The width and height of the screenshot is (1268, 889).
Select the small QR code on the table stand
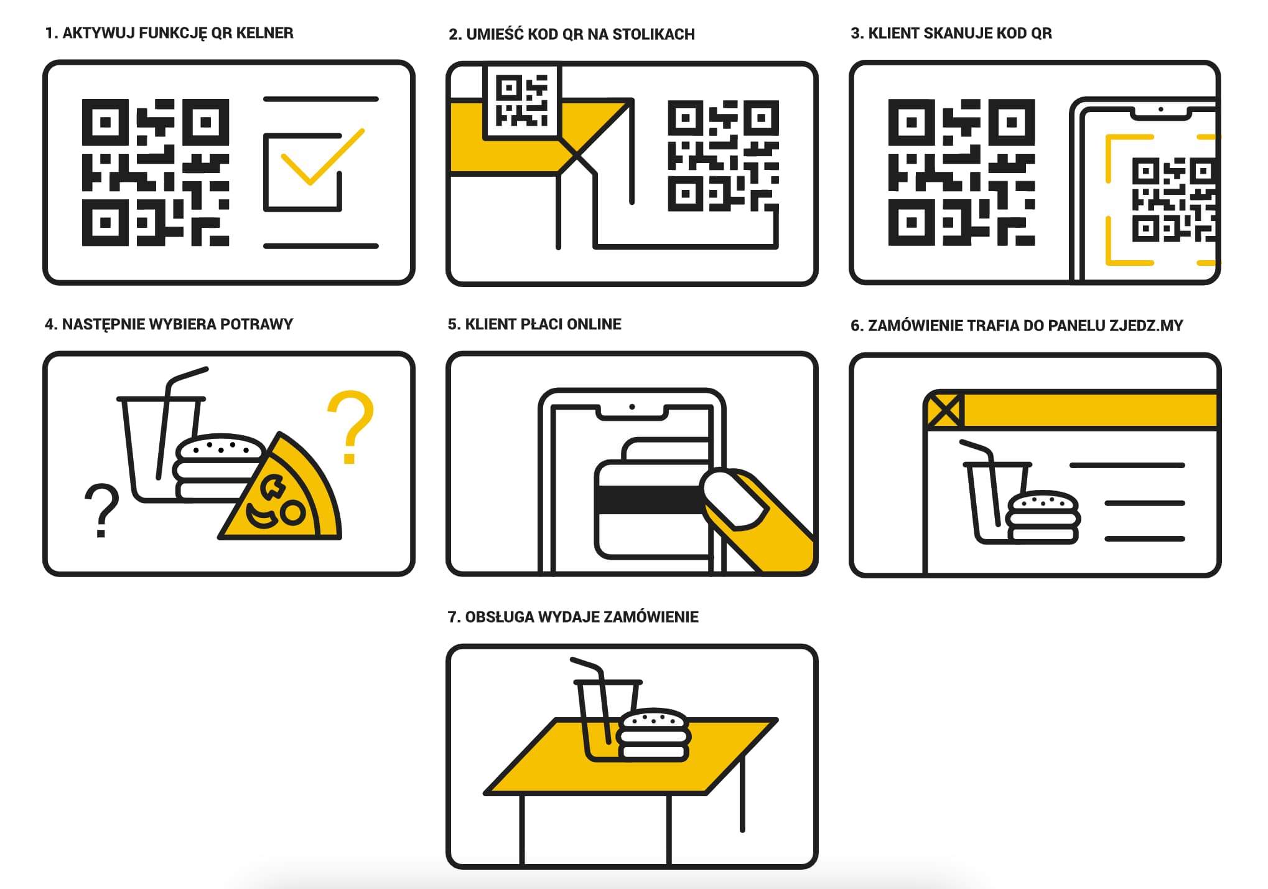[522, 101]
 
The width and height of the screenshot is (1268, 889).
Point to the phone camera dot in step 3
[1160, 110]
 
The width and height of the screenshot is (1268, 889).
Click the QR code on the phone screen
[1173, 200]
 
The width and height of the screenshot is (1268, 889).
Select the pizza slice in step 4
[283, 492]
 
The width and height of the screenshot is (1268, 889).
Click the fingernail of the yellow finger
[732, 499]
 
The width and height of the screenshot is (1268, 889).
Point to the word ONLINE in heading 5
[594, 324]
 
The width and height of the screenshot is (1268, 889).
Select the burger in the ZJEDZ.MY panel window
[1043, 517]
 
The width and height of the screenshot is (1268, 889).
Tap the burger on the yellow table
[653, 735]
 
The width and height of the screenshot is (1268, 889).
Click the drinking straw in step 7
[591, 697]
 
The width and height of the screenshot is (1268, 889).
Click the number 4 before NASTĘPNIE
[49, 324]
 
